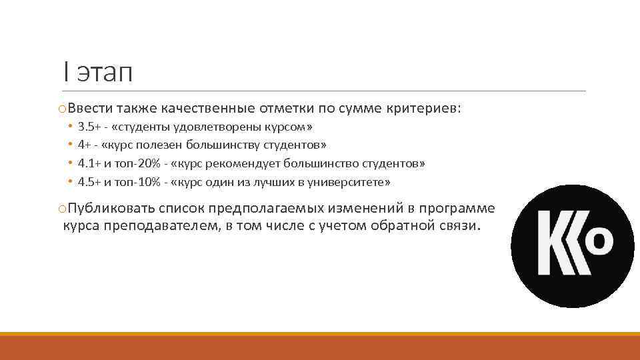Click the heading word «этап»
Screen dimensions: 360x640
(x=105, y=72)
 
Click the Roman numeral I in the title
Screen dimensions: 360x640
(x=65, y=71)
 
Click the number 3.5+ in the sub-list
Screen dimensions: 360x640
(x=88, y=126)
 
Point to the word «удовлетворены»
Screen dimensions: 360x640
(x=209, y=126)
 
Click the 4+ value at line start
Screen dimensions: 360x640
(x=85, y=145)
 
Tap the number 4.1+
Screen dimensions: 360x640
(x=88, y=163)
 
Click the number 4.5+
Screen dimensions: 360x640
(x=88, y=182)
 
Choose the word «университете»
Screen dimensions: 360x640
(x=351, y=182)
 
